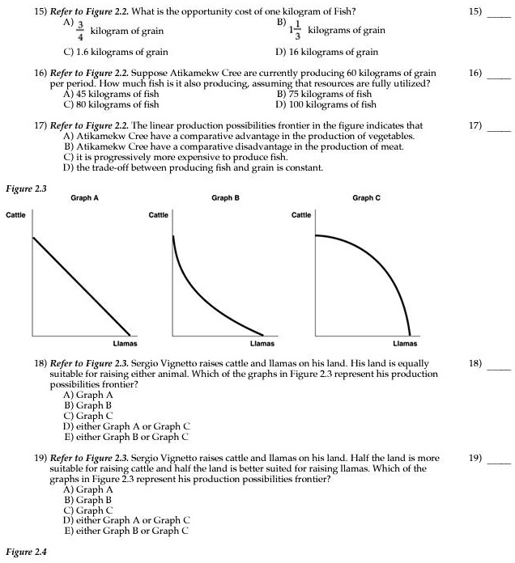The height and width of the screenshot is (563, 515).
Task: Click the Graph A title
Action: [85, 197]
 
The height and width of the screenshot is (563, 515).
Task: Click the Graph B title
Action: [224, 197]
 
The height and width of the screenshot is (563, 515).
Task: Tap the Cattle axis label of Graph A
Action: [16, 214]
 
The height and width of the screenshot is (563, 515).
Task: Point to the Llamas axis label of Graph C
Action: [405, 343]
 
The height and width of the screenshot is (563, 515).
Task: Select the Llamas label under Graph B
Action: [262, 343]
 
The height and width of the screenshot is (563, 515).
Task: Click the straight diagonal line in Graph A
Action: [81, 286]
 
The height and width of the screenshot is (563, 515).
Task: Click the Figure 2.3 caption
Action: [26, 188]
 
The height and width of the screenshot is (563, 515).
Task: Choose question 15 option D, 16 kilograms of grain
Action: [326, 52]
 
